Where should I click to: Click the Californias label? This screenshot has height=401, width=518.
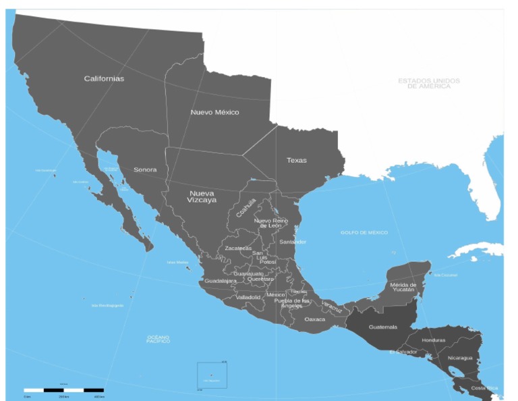point(104,78)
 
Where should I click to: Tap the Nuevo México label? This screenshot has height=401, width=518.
point(214,112)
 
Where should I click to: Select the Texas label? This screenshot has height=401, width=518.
point(296,160)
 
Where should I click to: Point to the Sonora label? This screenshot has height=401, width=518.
point(145,169)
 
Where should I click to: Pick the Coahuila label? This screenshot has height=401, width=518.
point(246,207)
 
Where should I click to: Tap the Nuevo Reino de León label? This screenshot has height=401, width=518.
point(272,223)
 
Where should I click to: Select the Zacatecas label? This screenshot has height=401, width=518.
point(238,248)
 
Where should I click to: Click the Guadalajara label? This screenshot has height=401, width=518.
point(221,280)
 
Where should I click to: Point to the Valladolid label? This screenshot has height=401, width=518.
point(248,297)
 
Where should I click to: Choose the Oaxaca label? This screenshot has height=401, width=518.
point(314,319)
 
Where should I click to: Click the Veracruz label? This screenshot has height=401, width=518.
point(332,306)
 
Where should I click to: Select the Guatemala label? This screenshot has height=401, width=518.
point(382,327)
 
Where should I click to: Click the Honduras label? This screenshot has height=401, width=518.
point(434,340)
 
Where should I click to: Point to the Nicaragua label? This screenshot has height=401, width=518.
point(461,358)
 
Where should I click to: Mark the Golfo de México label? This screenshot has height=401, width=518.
point(364,232)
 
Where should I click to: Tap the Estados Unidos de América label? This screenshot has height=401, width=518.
point(429,83)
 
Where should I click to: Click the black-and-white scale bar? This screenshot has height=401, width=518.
point(63,390)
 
